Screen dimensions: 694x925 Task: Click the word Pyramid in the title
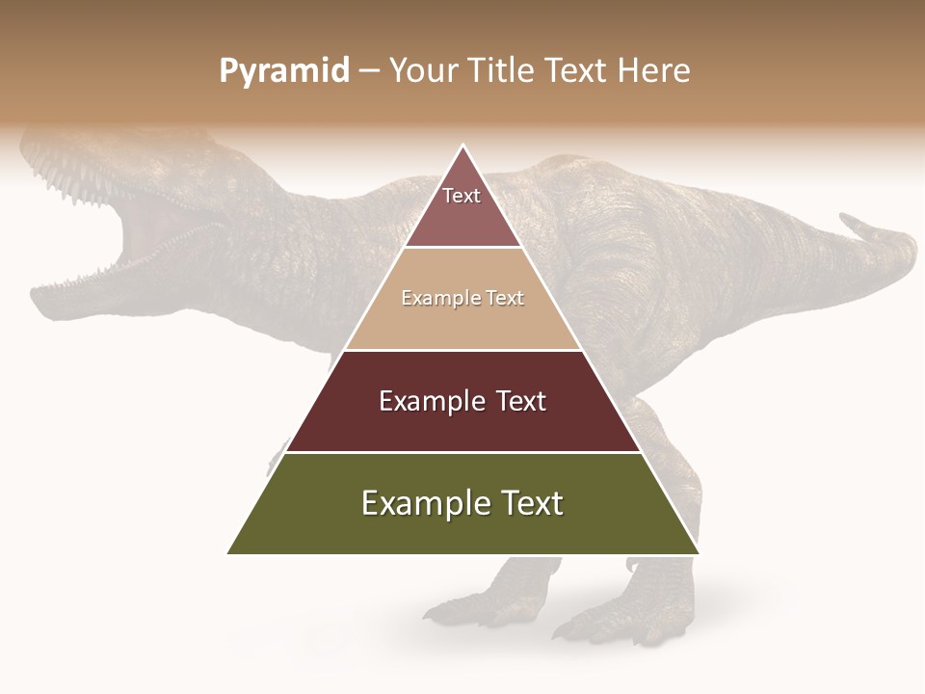[x=284, y=71]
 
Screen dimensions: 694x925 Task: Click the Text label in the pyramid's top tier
[x=462, y=196]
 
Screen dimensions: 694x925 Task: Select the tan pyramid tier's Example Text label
[x=462, y=298]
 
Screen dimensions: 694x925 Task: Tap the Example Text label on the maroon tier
[x=462, y=401]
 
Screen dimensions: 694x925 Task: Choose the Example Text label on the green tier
[x=462, y=503]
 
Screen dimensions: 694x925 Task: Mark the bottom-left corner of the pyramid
[x=227, y=554]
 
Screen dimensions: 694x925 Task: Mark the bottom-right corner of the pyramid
[x=699, y=554]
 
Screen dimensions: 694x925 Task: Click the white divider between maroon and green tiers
[x=462, y=452]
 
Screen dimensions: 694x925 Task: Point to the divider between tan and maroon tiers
[x=462, y=350]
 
